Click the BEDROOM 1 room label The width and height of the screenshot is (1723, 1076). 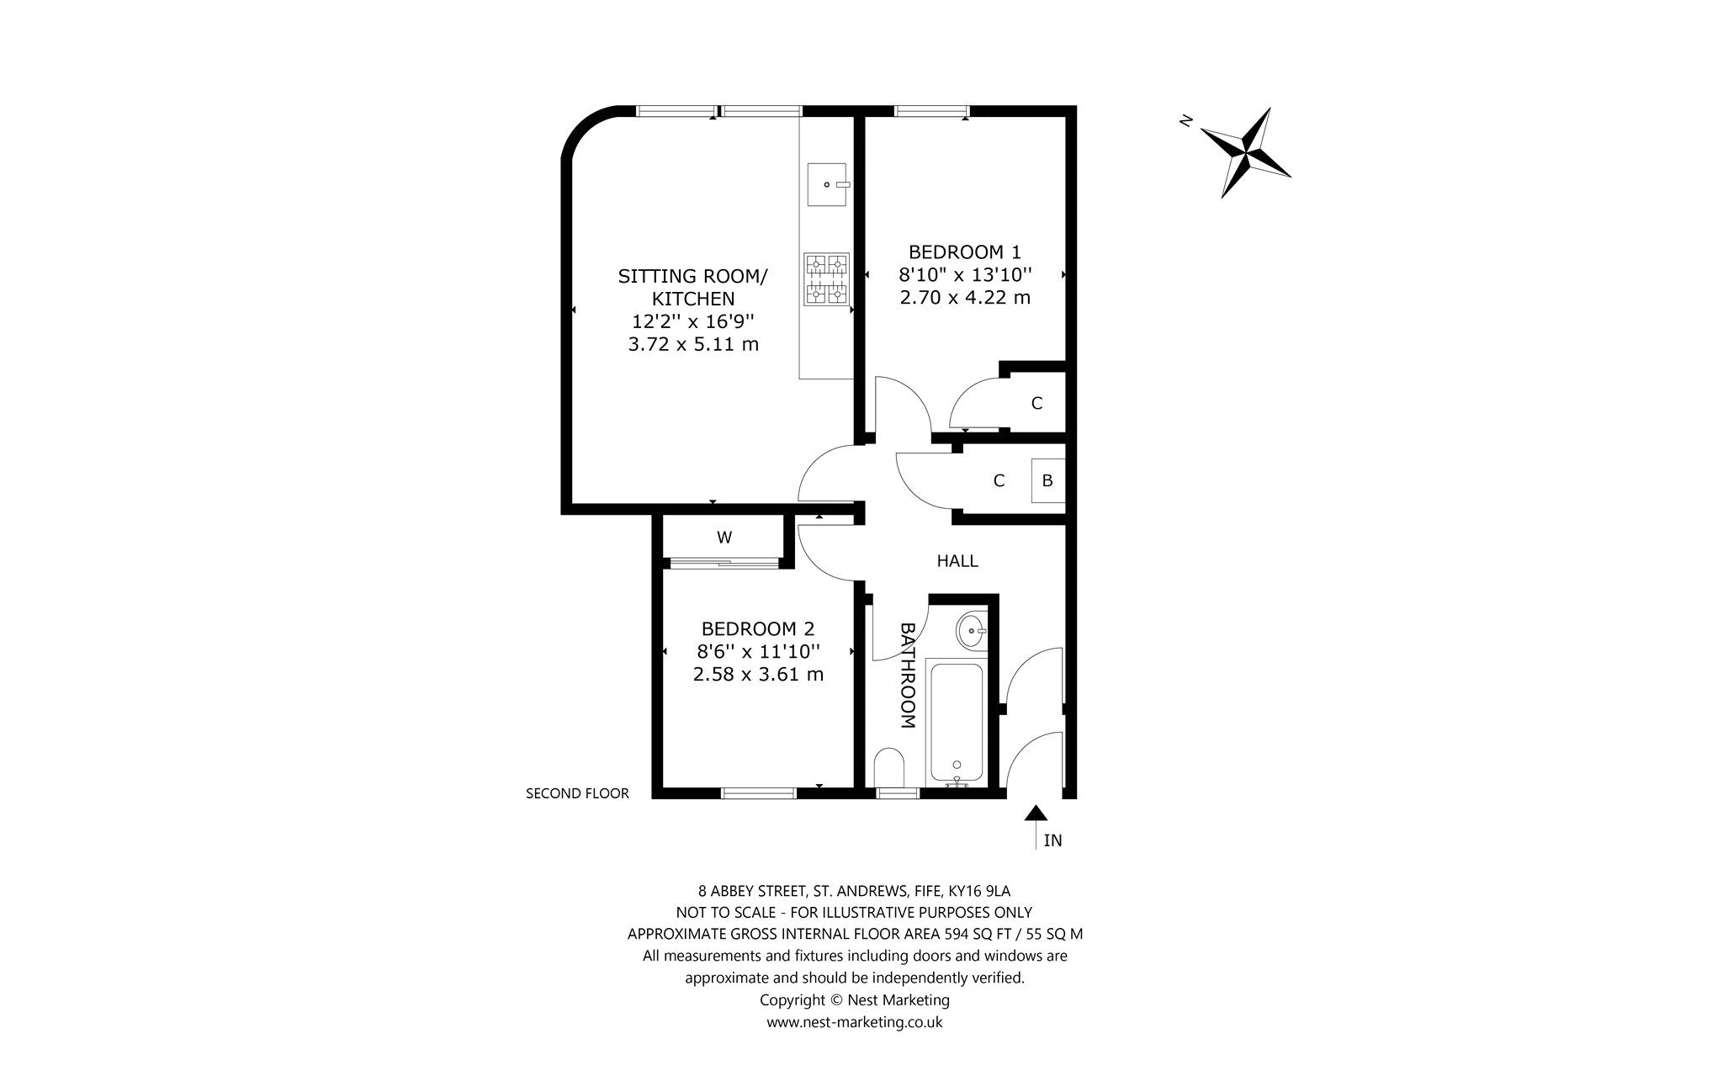[965, 252]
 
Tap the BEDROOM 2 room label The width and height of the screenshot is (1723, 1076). [758, 628]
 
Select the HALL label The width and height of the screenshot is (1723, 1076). [957, 560]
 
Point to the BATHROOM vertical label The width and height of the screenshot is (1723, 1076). [908, 676]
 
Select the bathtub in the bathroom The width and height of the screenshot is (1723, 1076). [956, 723]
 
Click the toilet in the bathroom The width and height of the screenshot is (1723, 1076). [888, 767]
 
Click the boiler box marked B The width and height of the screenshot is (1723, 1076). [1048, 480]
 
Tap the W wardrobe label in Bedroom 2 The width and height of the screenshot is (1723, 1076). [724, 537]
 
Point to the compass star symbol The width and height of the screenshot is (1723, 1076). [1245, 153]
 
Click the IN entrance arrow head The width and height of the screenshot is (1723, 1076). [1036, 813]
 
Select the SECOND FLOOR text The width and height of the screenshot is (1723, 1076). [577, 792]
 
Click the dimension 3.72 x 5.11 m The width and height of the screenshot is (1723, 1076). [693, 344]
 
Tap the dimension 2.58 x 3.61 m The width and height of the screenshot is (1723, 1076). [758, 674]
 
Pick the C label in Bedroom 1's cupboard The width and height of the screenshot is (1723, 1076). [1036, 404]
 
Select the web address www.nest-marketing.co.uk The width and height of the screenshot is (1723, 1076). [855, 1022]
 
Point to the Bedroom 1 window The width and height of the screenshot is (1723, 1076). [931, 110]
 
